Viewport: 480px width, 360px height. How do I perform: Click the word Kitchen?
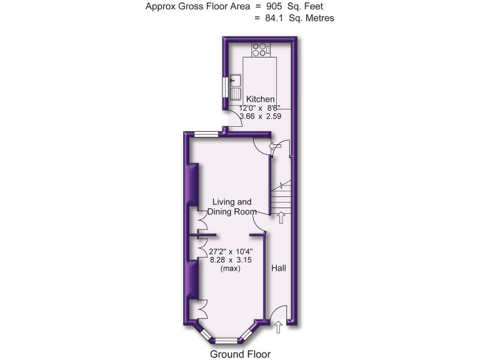[260, 99]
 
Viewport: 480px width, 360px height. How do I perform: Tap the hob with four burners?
[260, 48]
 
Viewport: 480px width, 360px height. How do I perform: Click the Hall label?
[279, 267]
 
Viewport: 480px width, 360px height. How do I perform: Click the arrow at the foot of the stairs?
[281, 217]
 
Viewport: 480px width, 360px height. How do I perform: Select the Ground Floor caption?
[240, 354]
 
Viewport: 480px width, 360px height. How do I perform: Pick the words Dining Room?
[232, 212]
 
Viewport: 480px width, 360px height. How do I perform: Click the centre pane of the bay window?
[227, 341]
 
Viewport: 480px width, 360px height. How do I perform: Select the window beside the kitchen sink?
[224, 87]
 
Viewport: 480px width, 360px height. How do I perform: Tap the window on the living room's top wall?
[205, 134]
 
